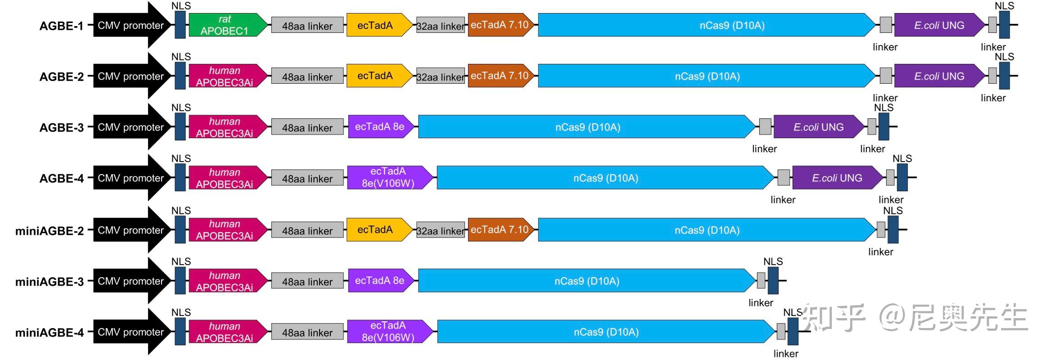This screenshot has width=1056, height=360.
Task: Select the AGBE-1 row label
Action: pyautogui.click(x=61, y=26)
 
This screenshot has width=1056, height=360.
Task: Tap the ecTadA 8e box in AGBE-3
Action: pyautogui.click(x=379, y=127)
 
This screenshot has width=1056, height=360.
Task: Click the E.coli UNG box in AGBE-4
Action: pyautogui.click(x=836, y=178)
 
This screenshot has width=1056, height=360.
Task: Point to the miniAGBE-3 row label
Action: pyautogui.click(x=50, y=282)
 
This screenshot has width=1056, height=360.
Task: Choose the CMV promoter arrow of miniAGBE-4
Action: pyautogui.click(x=131, y=332)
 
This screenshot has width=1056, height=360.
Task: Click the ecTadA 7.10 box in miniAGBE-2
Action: pyautogui.click(x=500, y=230)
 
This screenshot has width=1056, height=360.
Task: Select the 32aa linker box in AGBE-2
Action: pyautogui.click(x=440, y=77)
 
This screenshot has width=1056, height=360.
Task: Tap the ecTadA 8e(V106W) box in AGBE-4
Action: pyautogui.click(x=388, y=178)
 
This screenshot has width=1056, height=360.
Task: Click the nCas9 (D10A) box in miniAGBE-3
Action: pyautogui.click(x=586, y=281)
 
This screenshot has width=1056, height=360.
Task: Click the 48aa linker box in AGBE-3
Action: pyautogui.click(x=307, y=128)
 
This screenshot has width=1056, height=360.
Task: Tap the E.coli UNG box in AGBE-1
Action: pyautogui.click(x=938, y=25)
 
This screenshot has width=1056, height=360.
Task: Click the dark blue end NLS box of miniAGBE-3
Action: pyautogui.click(x=773, y=280)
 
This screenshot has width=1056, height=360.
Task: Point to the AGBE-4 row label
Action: pyautogui.click(x=61, y=179)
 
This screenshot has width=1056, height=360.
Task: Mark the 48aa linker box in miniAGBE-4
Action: pyautogui.click(x=307, y=333)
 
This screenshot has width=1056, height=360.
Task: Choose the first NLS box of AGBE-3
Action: pyautogui.click(x=180, y=126)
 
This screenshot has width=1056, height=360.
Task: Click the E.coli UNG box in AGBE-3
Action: pyautogui.click(x=817, y=127)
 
